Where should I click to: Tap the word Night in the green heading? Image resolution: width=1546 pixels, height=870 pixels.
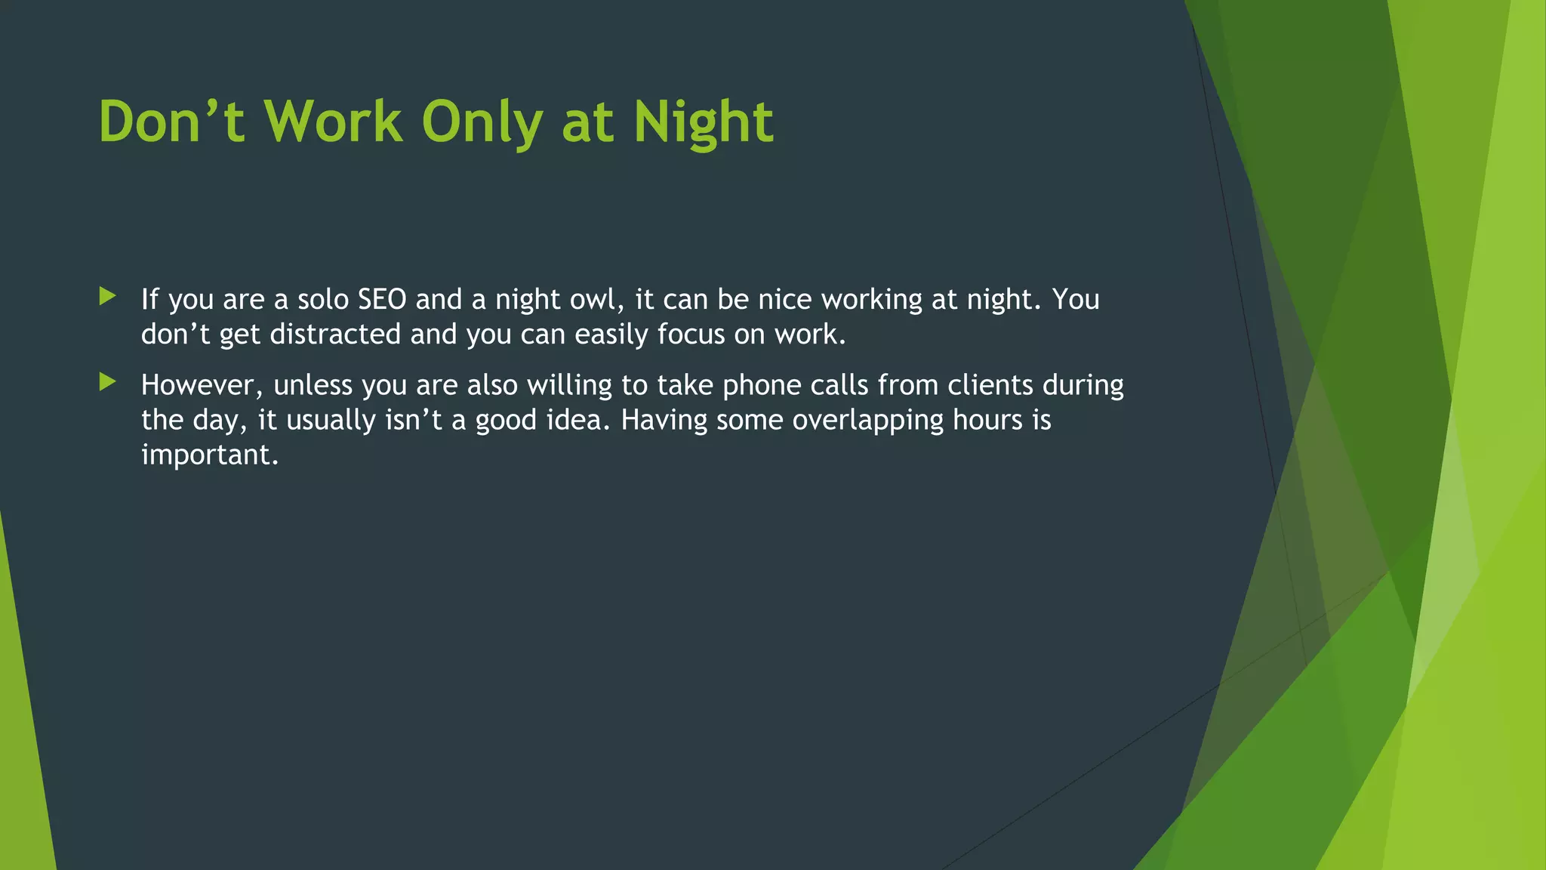[x=703, y=122]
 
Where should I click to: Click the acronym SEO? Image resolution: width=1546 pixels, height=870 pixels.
[x=382, y=300]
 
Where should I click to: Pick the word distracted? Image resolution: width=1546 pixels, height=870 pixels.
[x=335, y=335]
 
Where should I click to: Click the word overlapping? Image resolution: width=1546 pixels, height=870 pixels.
[x=867, y=421]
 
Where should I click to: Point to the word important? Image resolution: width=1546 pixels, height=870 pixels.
[x=210, y=455]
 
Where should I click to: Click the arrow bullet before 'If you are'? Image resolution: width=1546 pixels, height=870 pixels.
[x=107, y=296]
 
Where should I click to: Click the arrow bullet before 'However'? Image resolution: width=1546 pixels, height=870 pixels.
[x=107, y=382]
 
